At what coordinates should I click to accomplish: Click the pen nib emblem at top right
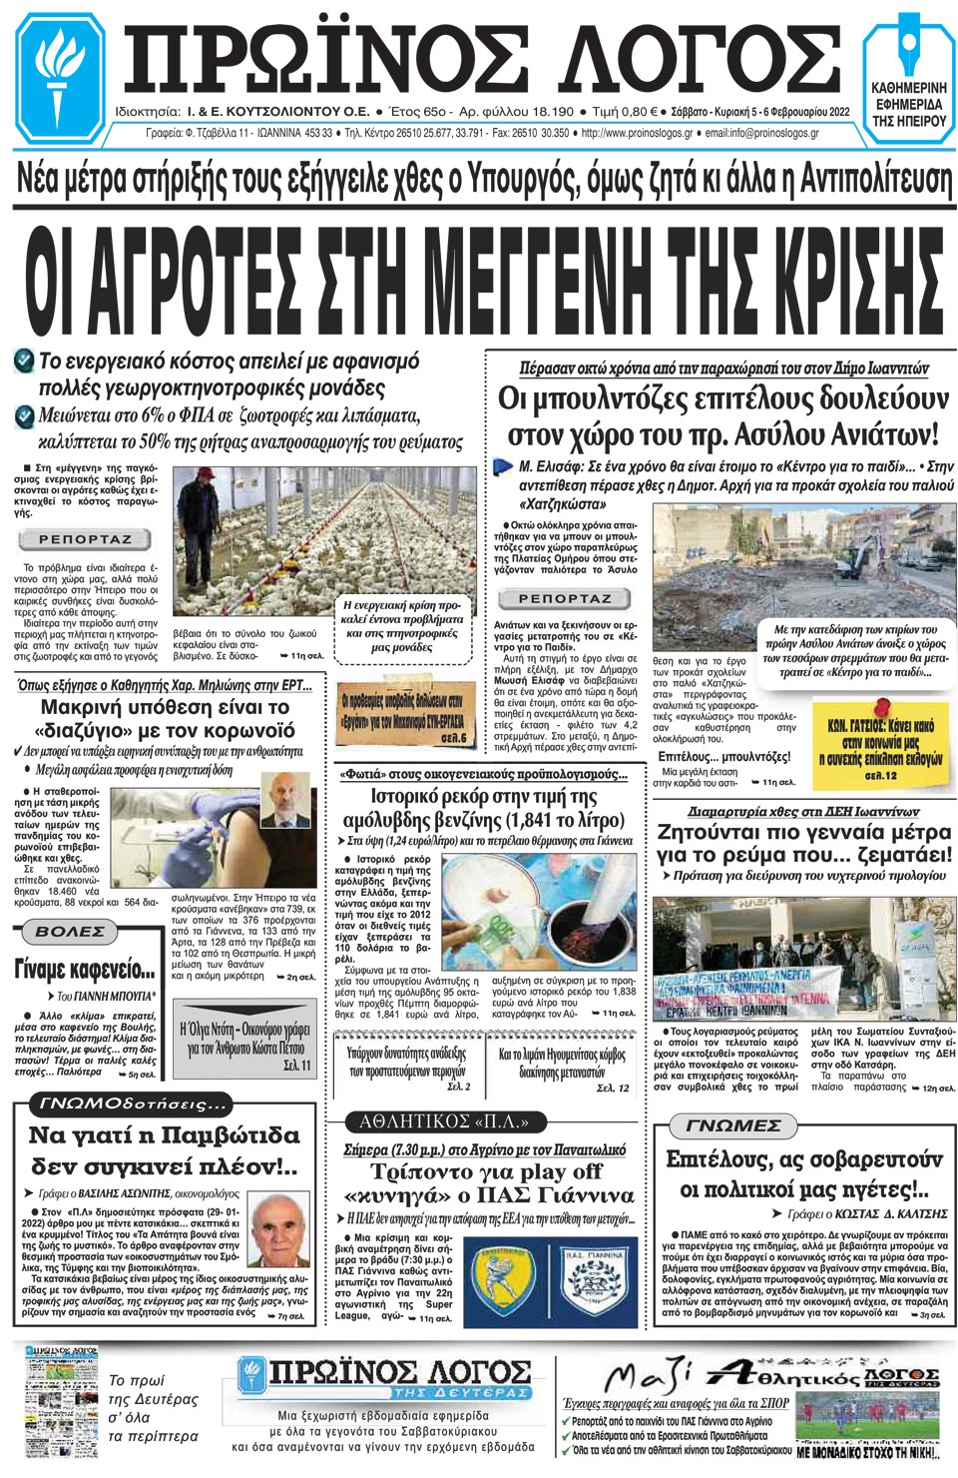point(908,45)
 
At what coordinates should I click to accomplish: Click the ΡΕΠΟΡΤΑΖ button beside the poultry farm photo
point(85,539)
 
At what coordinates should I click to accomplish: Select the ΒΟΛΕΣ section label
point(70,932)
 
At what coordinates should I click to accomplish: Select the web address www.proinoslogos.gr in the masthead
point(637,133)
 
